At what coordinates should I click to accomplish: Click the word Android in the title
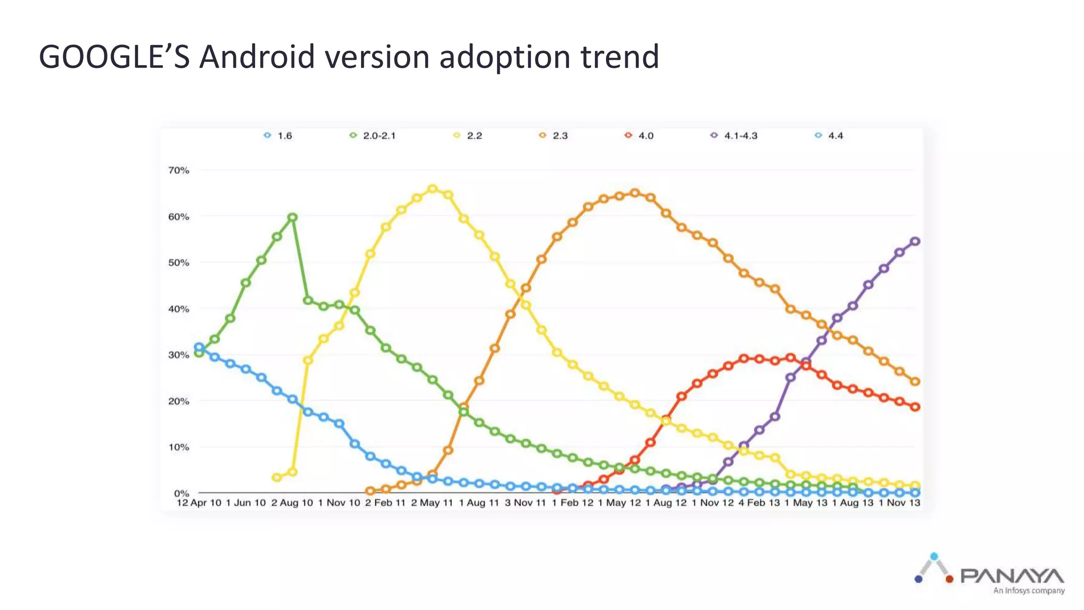tap(257, 57)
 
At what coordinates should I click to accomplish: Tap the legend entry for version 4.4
tap(829, 136)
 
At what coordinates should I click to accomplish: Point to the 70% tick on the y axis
tap(178, 171)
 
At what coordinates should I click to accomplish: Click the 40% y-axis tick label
tap(178, 309)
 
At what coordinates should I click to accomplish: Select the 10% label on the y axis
tap(178, 447)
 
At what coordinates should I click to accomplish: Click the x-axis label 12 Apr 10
tap(198, 503)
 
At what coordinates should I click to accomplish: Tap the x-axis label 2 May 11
tap(432, 503)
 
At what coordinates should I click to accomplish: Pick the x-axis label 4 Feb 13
tap(759, 503)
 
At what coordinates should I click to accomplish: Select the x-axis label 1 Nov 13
tap(899, 503)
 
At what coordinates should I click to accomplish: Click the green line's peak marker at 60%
tap(292, 217)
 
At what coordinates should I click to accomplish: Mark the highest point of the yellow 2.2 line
tap(432, 189)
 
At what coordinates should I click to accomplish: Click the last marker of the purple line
tap(915, 241)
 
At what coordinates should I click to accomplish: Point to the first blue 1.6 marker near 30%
tap(199, 347)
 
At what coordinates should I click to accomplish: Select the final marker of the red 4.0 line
tap(915, 407)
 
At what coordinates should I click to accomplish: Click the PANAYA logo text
tap(1011, 576)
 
